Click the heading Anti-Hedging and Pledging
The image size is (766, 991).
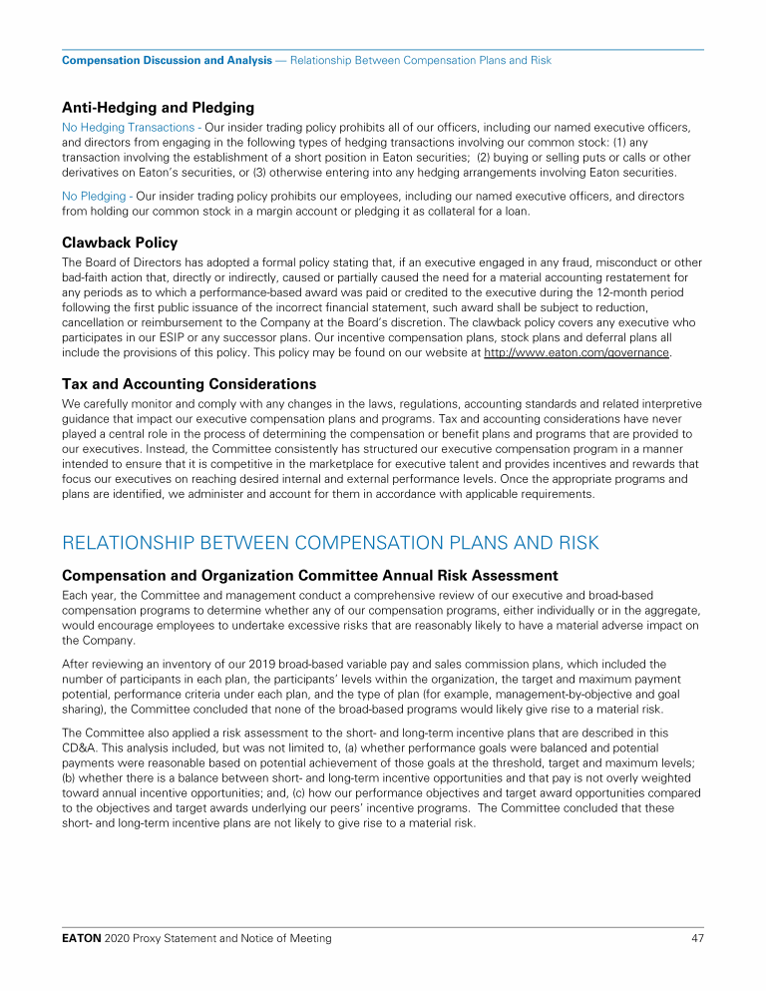158,107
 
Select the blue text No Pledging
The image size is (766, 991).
95,197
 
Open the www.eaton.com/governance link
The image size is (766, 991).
576,352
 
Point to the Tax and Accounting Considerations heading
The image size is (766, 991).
190,383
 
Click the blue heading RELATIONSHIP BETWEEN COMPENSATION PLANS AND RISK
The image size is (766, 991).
330,543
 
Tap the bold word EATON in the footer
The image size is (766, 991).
83,938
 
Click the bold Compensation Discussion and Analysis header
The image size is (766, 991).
167,60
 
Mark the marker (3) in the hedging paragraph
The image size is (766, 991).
268,172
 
